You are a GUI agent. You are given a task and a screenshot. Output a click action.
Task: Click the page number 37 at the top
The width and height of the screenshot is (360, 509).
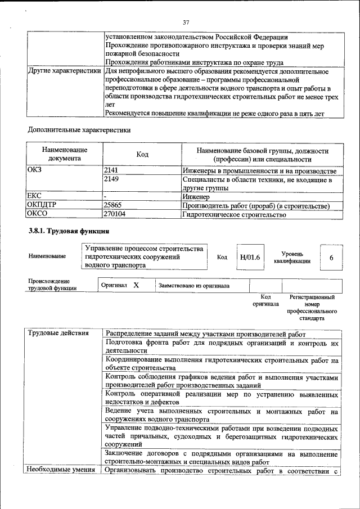coord(186,22)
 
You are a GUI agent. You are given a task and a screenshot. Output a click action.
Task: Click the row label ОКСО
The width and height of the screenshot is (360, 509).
coord(38,214)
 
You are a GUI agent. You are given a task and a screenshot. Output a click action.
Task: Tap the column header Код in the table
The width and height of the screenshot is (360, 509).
coord(142,154)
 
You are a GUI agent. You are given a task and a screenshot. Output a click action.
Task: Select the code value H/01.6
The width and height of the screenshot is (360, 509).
coord(250,257)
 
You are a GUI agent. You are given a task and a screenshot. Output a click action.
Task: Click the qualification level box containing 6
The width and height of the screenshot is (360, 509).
coord(331,257)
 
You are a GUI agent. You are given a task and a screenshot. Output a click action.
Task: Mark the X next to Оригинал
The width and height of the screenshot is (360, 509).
coord(136,285)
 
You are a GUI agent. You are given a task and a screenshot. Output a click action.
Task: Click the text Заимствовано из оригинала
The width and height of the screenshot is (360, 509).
coord(194,286)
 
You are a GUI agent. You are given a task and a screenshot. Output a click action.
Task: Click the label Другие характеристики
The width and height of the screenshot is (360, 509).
coord(65,72)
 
